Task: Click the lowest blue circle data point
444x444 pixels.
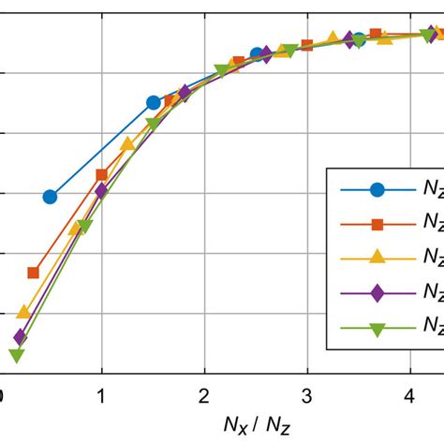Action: (x=50, y=197)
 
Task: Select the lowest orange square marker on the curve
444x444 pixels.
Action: (x=34, y=273)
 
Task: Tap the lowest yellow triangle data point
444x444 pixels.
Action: (x=23, y=311)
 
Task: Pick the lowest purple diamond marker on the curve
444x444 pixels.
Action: (x=20, y=335)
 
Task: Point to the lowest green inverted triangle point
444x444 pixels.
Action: (x=16, y=355)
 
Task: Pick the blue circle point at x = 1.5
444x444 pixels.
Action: (x=154, y=102)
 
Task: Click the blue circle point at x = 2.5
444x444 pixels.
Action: (x=257, y=55)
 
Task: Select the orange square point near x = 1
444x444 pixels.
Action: (x=102, y=175)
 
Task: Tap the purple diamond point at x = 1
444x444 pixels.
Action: (x=101, y=191)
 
